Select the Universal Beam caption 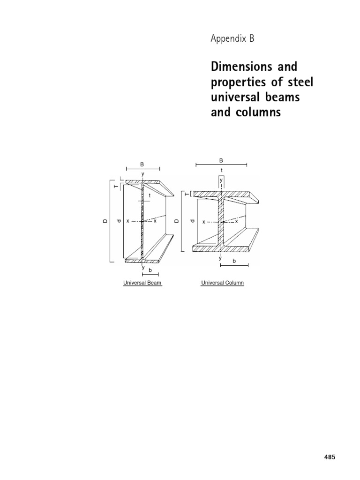[x=142, y=283]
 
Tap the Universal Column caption [x=223, y=283]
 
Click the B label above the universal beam [x=142, y=164]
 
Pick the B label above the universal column [x=221, y=160]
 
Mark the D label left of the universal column [x=177, y=221]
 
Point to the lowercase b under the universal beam [x=150, y=270]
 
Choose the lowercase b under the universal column [x=234, y=261]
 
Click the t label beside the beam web [x=150, y=195]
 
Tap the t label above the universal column [x=221, y=171]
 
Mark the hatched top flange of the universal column [x=206, y=194]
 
